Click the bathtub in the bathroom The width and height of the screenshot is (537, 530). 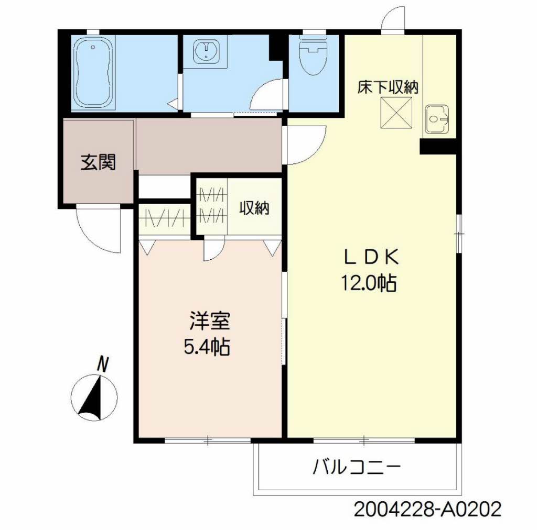pyautogui.click(x=94, y=73)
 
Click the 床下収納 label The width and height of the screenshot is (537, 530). pyautogui.click(x=388, y=87)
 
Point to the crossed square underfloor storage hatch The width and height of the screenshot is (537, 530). pyautogui.click(x=396, y=113)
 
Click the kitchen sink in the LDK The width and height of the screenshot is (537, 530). pyautogui.click(x=437, y=119)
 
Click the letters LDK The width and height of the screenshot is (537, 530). pyautogui.click(x=371, y=258)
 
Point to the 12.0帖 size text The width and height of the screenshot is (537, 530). pyautogui.click(x=369, y=283)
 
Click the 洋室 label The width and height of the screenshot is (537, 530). pyautogui.click(x=209, y=321)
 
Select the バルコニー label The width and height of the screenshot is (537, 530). pyautogui.click(x=357, y=467)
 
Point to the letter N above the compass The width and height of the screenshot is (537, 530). pyautogui.click(x=102, y=364)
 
